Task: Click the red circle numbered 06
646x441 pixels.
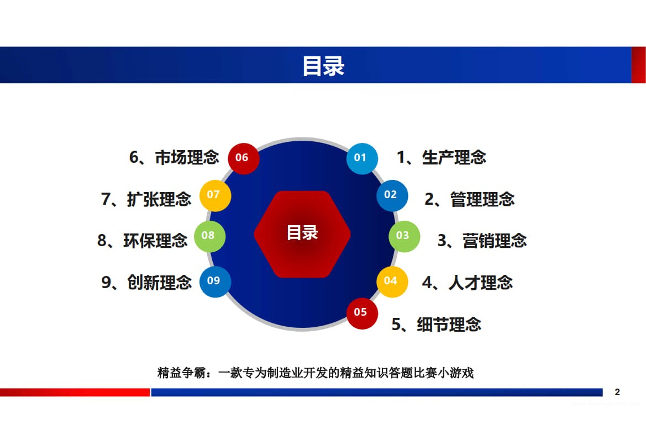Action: (x=243, y=158)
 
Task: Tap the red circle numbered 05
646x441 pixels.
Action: (x=361, y=313)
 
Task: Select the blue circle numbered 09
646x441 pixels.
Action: (x=214, y=281)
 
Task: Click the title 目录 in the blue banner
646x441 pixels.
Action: (x=323, y=66)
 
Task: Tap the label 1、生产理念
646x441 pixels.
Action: (x=441, y=157)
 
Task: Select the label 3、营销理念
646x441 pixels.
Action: (x=482, y=241)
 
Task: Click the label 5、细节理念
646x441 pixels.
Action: (x=436, y=324)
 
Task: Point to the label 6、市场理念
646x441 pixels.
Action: (x=174, y=157)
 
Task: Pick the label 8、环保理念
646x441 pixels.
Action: (x=143, y=241)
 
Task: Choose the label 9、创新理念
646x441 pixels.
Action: (x=146, y=282)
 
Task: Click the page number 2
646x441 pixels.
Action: (x=617, y=392)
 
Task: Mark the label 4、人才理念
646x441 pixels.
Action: (x=467, y=282)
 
